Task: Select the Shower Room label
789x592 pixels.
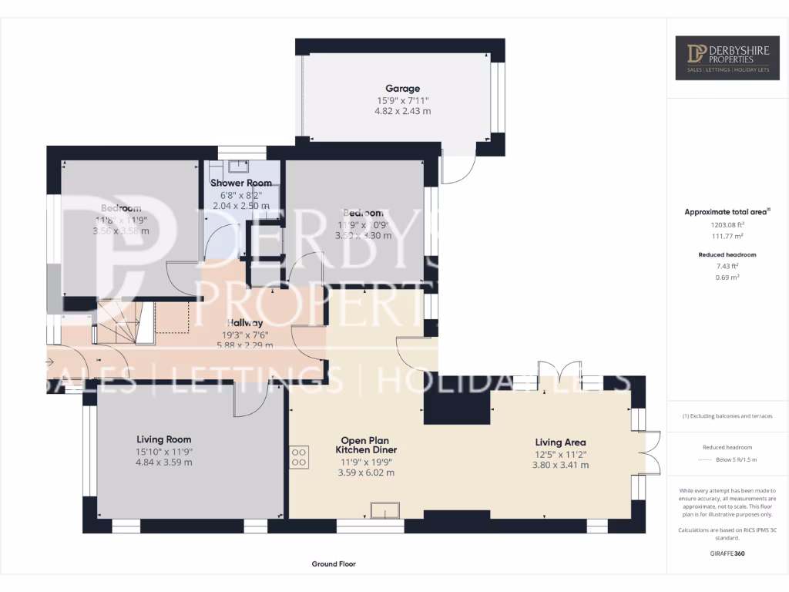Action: click(242, 183)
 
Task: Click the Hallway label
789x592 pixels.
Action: click(245, 323)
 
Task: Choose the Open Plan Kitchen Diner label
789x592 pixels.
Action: click(366, 445)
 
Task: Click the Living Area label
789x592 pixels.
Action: click(560, 442)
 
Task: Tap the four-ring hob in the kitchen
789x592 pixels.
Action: click(299, 458)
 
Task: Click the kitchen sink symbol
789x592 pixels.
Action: click(384, 510)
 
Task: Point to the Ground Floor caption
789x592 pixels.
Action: click(334, 564)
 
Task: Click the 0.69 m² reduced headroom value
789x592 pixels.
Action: click(727, 277)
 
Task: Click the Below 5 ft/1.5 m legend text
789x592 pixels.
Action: click(735, 459)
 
